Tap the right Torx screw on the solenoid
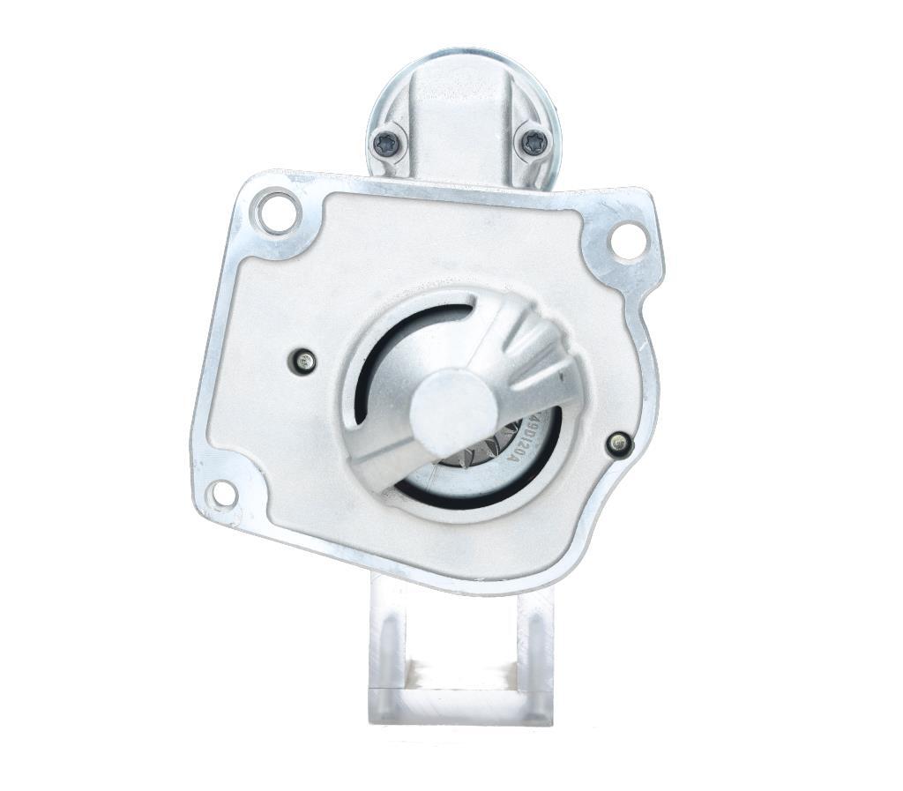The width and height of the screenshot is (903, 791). (534, 141)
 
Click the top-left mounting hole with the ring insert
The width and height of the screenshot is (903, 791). (276, 212)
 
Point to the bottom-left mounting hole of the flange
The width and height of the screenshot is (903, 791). (223, 494)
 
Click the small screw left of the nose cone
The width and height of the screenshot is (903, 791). (302, 360)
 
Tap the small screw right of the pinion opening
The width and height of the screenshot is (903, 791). (619, 444)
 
